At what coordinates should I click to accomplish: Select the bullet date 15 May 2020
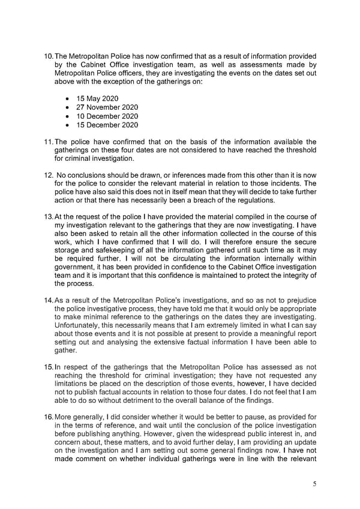pos(97,98)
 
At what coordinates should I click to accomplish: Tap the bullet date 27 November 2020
pos(107,107)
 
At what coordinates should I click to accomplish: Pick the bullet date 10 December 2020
pos(107,116)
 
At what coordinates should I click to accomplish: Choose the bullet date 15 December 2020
pos(107,125)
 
